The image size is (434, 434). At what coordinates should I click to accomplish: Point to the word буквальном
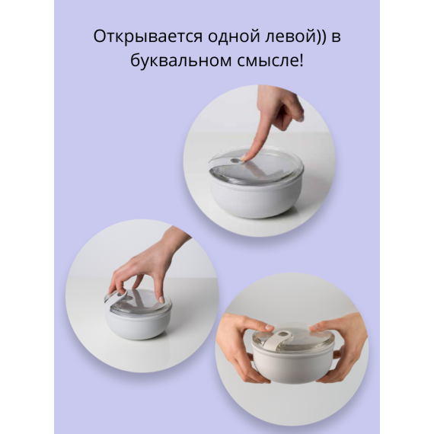(x=171, y=61)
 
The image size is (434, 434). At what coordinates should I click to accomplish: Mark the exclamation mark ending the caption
(x=301, y=61)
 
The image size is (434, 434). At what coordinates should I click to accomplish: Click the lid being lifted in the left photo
(x=137, y=298)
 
